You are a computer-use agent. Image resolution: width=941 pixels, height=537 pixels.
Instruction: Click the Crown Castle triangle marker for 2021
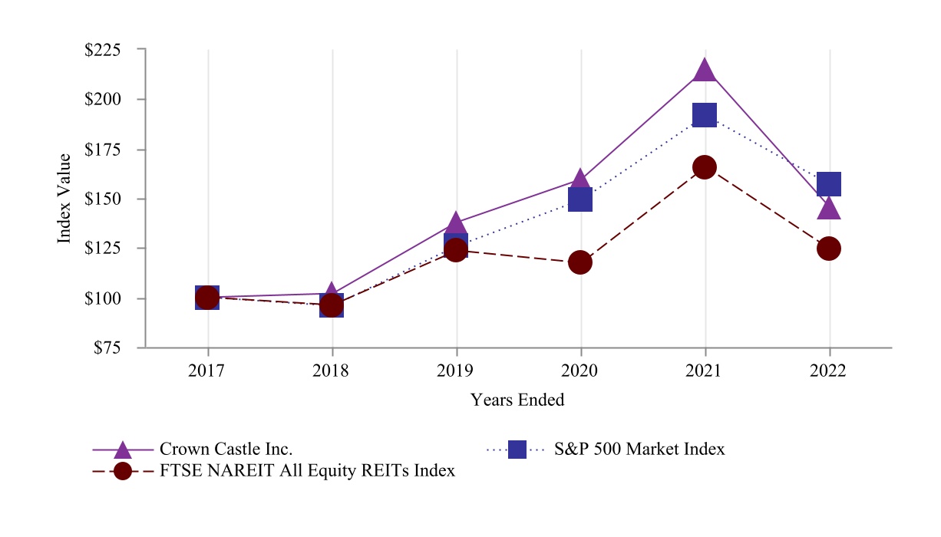(705, 71)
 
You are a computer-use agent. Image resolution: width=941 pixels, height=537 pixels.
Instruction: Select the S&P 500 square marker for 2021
(705, 116)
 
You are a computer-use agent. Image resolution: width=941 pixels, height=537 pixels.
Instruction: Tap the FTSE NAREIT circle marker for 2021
(705, 167)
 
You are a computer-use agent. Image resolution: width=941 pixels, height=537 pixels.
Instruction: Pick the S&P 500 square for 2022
(829, 184)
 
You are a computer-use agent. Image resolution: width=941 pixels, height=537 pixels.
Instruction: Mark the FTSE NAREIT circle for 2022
(829, 249)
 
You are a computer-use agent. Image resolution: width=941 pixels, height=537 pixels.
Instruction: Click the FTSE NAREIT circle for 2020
(580, 262)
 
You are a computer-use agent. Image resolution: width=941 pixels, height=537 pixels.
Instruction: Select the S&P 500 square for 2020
(580, 199)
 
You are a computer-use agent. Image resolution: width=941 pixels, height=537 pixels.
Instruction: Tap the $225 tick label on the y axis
(103, 50)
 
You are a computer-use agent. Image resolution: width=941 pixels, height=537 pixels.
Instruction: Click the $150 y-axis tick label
(103, 199)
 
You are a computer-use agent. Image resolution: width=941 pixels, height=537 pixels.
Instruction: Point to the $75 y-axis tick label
(107, 348)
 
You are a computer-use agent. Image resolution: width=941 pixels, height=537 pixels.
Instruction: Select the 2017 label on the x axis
(206, 371)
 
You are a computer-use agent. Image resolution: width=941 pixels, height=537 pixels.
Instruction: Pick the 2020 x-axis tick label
(579, 371)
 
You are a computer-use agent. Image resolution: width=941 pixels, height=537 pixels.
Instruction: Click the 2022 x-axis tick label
(828, 371)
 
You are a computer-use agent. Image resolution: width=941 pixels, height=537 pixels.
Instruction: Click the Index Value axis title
(64, 199)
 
